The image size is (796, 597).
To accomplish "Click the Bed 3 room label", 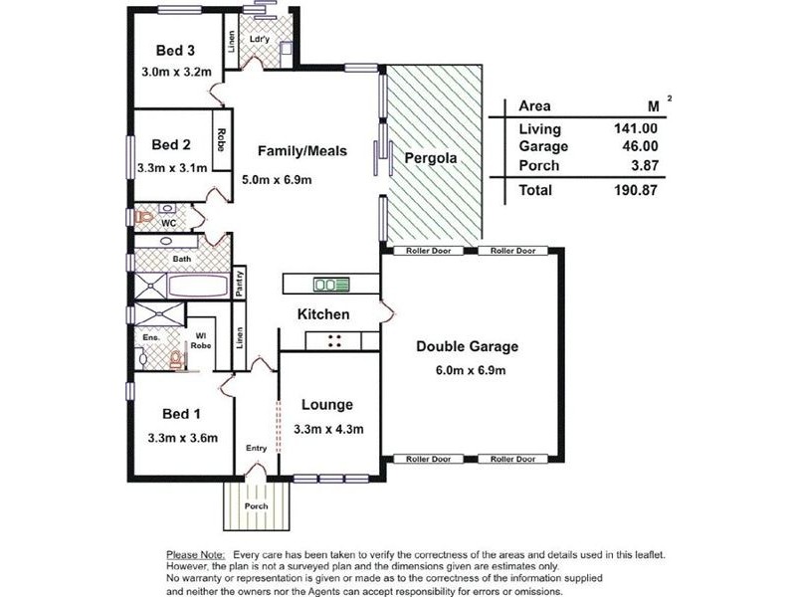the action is pyautogui.click(x=175, y=51).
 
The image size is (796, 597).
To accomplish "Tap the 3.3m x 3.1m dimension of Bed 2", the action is pyautogui.click(x=172, y=167).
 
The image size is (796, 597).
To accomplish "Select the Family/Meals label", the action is pyautogui.click(x=302, y=151).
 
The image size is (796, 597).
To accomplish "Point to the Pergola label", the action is pyautogui.click(x=431, y=158).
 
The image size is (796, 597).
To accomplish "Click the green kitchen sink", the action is pyautogui.click(x=331, y=285).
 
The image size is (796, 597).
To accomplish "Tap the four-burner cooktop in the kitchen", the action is pyautogui.click(x=334, y=340).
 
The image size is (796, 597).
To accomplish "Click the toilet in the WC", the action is pyautogui.click(x=143, y=217).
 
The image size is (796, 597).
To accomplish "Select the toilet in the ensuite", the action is pyautogui.click(x=176, y=359).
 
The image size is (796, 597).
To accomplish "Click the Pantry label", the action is pyautogui.click(x=239, y=284).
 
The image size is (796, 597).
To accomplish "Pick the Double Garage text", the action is pyautogui.click(x=467, y=346).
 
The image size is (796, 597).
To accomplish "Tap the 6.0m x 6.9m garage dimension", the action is pyautogui.click(x=471, y=370).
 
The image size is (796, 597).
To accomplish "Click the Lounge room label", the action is pyautogui.click(x=327, y=405).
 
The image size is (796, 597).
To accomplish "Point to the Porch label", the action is pyautogui.click(x=256, y=506).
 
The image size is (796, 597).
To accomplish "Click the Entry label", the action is pyautogui.click(x=256, y=448).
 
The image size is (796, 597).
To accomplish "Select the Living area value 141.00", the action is pyautogui.click(x=636, y=128).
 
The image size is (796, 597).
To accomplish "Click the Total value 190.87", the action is pyautogui.click(x=636, y=190).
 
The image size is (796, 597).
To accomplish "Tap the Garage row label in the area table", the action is pyautogui.click(x=543, y=146).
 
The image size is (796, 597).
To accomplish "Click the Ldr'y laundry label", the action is pyautogui.click(x=260, y=39).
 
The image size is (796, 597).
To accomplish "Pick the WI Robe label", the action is pyautogui.click(x=201, y=340).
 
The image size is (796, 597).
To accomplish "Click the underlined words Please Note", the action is pyautogui.click(x=195, y=555).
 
